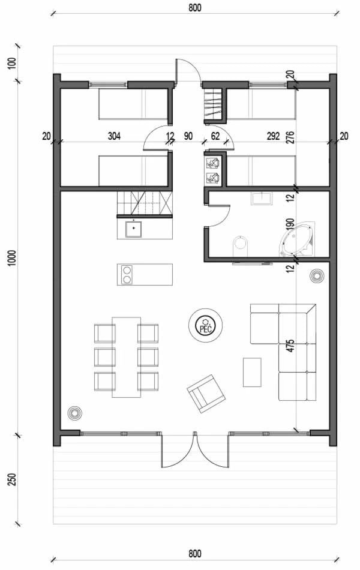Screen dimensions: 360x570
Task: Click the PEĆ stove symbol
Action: tap(205, 325)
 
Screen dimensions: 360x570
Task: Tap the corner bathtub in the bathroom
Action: tap(297, 239)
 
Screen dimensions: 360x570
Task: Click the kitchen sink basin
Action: tap(133, 229)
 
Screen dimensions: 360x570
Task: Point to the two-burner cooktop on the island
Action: tap(127, 274)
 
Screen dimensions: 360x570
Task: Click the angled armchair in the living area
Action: tap(206, 394)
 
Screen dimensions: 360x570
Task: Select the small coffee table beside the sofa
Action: tap(252, 372)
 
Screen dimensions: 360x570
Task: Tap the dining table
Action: tap(126, 357)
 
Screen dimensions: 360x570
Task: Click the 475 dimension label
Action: tap(290, 346)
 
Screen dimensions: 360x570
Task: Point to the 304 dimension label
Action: tap(114, 136)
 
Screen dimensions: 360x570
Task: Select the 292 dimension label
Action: tap(273, 136)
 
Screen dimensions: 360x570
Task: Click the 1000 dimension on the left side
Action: tap(13, 258)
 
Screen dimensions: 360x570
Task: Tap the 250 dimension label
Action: tap(13, 479)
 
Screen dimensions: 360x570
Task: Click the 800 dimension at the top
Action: tap(195, 8)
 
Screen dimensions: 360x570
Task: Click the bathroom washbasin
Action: tap(261, 199)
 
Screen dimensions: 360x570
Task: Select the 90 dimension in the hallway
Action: tap(188, 136)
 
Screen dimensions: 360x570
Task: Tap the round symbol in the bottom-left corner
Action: tap(74, 413)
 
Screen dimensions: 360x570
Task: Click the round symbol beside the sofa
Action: tap(316, 276)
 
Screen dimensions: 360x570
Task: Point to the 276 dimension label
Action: tap(290, 137)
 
